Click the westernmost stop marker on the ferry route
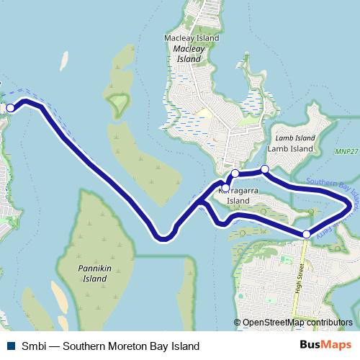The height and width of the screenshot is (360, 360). [10, 108]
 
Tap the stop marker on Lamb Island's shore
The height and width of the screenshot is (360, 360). [264, 169]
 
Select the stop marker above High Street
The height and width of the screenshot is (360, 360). [307, 234]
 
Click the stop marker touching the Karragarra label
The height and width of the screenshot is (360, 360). [225, 189]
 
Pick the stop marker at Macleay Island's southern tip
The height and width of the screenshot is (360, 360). [235, 174]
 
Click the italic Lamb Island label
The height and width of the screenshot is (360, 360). [295, 138]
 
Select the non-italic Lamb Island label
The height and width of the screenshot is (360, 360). [290, 148]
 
